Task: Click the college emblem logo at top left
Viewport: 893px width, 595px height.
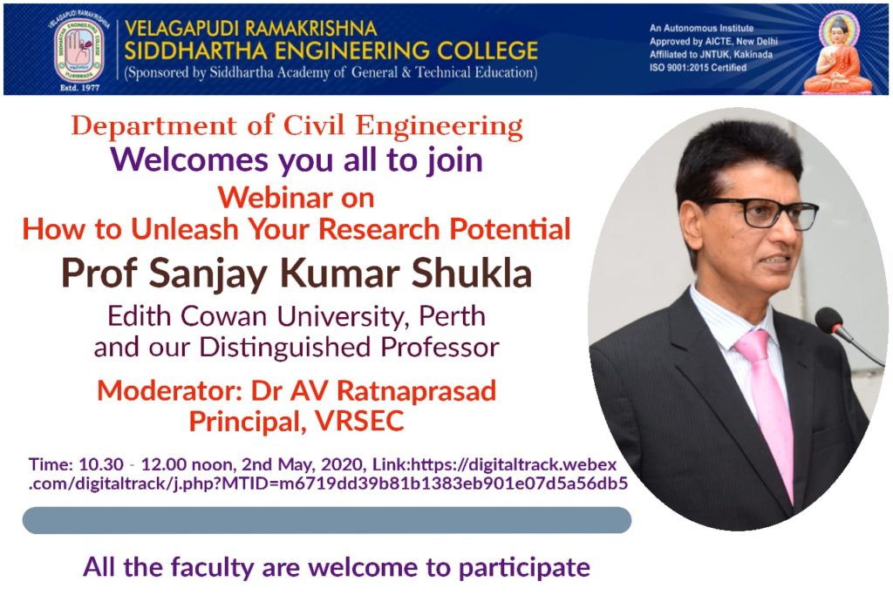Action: (x=79, y=50)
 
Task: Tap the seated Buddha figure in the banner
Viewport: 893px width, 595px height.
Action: (x=838, y=54)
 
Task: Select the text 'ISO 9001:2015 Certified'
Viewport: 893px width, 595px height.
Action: (x=698, y=68)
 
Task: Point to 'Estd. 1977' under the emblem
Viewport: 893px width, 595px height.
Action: (x=79, y=88)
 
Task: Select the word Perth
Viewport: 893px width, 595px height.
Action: (x=453, y=316)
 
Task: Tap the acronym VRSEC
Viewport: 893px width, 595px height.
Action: (x=359, y=422)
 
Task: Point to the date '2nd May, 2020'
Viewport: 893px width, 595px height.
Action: (x=303, y=464)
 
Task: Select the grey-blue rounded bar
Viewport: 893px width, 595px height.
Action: (x=327, y=520)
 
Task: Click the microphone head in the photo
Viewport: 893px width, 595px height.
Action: (x=828, y=321)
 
